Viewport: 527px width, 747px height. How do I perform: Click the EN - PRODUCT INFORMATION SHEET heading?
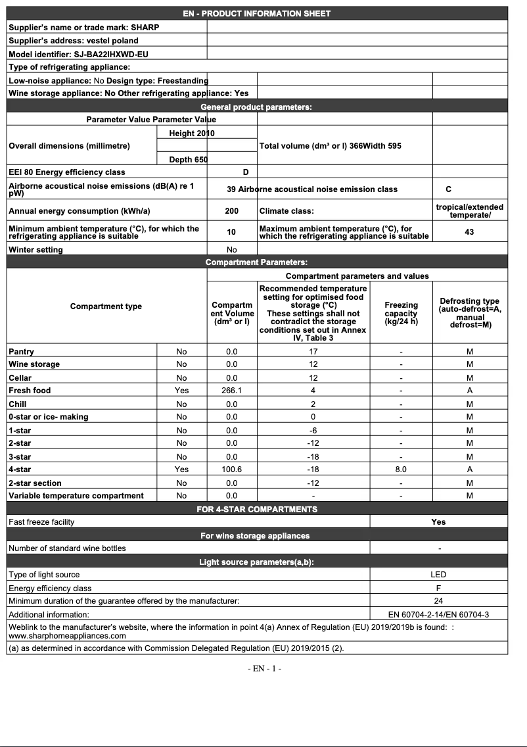click(257, 13)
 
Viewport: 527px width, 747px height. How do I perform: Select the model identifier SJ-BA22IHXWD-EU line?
click(78, 54)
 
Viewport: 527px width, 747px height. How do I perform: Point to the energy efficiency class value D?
click(246, 172)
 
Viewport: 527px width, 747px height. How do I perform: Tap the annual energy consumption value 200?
click(231, 212)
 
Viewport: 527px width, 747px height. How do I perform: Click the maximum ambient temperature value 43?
click(469, 232)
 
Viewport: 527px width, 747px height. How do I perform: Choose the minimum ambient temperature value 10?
click(231, 232)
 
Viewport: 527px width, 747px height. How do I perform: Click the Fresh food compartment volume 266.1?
click(231, 391)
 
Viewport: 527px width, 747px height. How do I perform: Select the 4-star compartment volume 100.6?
click(231, 470)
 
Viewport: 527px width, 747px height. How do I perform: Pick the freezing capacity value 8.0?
click(401, 470)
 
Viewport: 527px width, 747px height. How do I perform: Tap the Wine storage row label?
click(34, 364)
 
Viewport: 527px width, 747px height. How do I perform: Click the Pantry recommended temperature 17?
click(313, 352)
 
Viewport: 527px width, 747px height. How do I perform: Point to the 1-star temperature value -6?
click(313, 430)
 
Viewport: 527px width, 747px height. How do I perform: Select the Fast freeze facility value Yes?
click(438, 522)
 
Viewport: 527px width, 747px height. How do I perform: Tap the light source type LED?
click(438, 575)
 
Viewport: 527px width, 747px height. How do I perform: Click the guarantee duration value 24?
click(438, 601)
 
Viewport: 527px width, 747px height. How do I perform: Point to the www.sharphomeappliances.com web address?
click(67, 636)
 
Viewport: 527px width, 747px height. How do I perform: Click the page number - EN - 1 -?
click(264, 669)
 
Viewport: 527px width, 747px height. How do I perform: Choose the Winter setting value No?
click(231, 250)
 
